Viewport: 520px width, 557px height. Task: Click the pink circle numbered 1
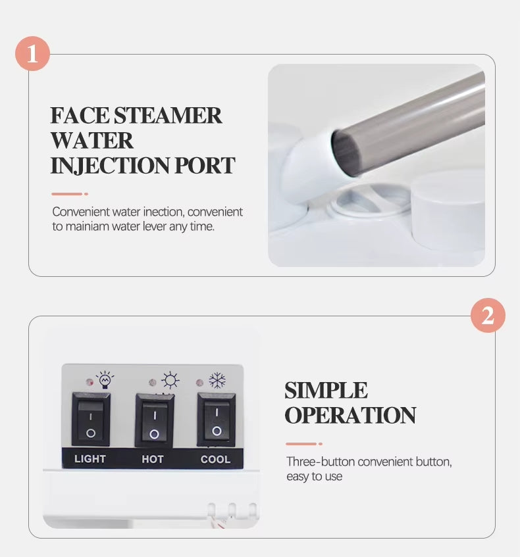(32, 53)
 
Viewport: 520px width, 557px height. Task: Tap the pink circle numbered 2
(488, 315)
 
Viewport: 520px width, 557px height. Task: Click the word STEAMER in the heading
(168, 115)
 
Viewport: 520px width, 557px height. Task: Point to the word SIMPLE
(326, 391)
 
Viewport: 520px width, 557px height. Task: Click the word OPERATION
(350, 415)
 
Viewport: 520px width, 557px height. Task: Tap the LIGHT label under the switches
(90, 459)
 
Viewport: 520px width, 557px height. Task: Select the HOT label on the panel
(153, 459)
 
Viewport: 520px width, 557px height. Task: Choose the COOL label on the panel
(215, 459)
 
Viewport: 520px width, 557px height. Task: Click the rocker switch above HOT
(155, 421)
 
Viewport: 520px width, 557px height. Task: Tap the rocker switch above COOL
(217, 420)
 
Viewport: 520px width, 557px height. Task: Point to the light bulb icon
(105, 379)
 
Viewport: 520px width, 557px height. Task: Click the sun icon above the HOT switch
(170, 380)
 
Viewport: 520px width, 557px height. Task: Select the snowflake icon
(217, 380)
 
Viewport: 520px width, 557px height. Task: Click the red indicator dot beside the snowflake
(199, 383)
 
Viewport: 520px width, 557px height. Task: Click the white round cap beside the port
(448, 210)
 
